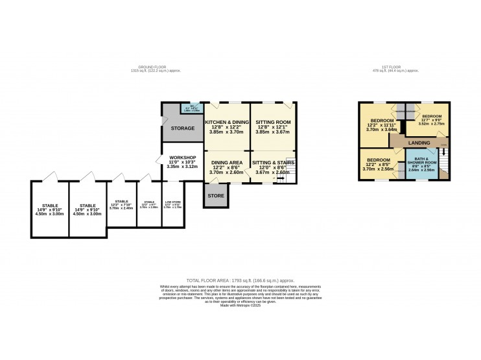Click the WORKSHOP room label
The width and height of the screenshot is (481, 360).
(x=182, y=157)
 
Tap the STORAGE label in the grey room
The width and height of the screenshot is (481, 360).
(x=183, y=128)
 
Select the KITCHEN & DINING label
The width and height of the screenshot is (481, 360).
(x=227, y=122)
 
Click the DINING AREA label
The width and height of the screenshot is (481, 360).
(x=226, y=162)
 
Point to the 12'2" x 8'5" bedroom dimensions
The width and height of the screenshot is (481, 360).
(x=378, y=165)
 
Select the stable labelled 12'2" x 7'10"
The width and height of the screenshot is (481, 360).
(x=122, y=202)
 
